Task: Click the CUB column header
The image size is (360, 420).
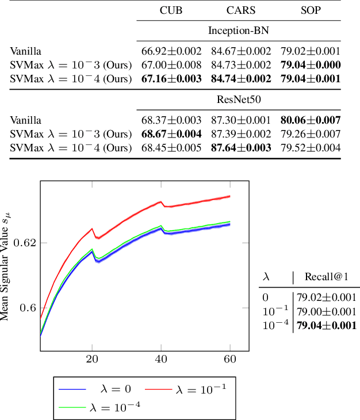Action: pyautogui.click(x=171, y=10)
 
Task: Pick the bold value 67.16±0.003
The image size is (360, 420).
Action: pyautogui.click(x=171, y=78)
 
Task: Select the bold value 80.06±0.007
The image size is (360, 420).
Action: pyautogui.click(x=310, y=121)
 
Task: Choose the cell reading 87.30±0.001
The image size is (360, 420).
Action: pyautogui.click(x=240, y=121)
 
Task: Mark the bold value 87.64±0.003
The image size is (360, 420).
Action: pyautogui.click(x=240, y=148)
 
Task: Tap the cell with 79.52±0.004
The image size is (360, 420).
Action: pyautogui.click(x=310, y=148)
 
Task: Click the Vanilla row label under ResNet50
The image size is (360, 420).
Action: pyautogui.click(x=25, y=121)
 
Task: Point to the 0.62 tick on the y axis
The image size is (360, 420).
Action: pyautogui.click(x=26, y=242)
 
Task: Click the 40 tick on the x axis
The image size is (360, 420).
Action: pyautogui.click(x=162, y=357)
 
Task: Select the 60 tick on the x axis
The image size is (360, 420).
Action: pyautogui.click(x=230, y=357)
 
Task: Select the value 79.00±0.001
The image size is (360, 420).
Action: pyautogui.click(x=326, y=311)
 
